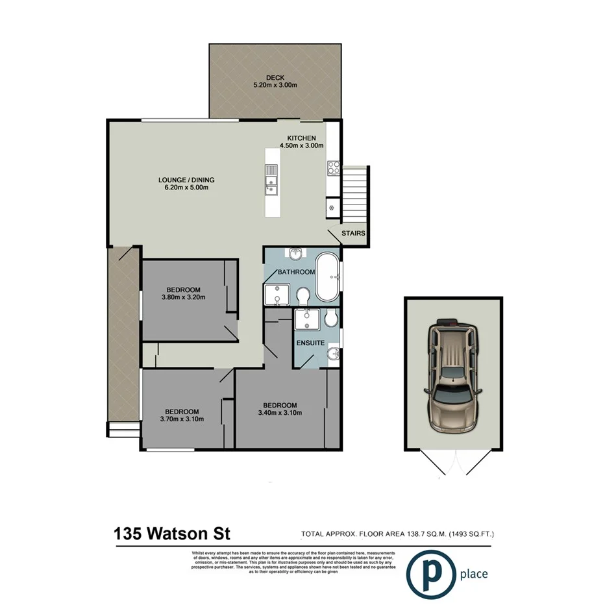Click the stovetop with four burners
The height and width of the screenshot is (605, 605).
point(334,168)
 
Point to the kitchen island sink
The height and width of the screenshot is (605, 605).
point(271,180)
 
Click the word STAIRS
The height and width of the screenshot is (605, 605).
point(354,234)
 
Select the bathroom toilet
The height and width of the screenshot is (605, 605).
point(302,296)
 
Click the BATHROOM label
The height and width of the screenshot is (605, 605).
point(296,273)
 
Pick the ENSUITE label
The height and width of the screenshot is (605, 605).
point(310,342)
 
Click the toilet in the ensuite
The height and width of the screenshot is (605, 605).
point(330,318)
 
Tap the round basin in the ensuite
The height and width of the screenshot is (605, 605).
point(333,354)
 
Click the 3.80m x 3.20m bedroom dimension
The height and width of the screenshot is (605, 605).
point(183,298)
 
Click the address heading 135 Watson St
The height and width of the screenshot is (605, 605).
point(172,534)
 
